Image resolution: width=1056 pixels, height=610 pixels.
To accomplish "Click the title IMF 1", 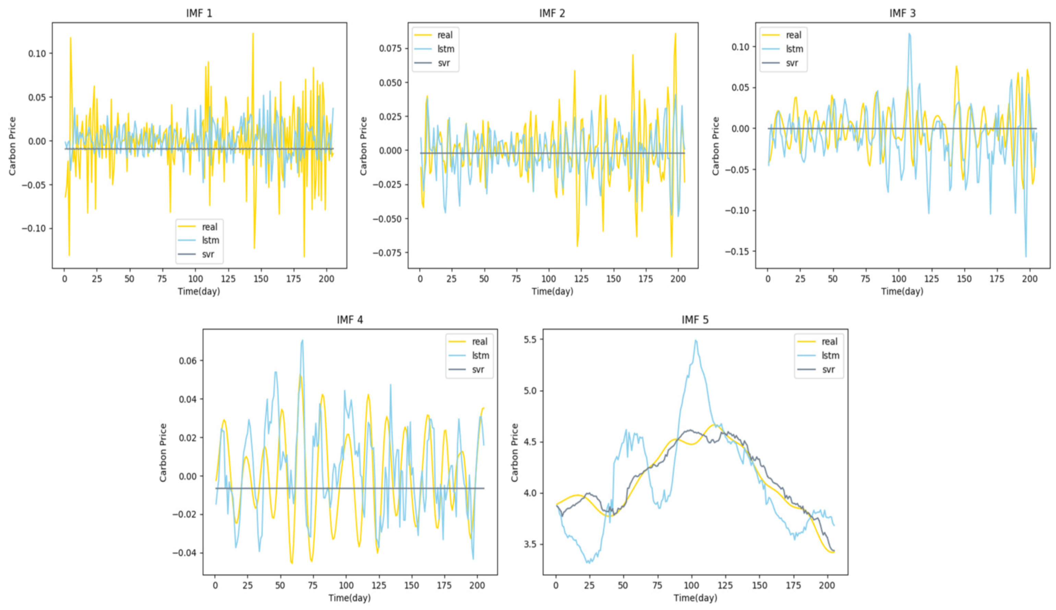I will (x=199, y=13).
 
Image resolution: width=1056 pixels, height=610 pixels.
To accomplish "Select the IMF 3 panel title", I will (x=902, y=13).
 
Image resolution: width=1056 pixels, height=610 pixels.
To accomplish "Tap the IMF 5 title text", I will (x=695, y=320).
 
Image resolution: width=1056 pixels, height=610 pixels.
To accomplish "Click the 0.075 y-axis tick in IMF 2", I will (x=390, y=49).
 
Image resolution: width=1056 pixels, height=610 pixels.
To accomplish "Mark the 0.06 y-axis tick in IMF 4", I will (x=188, y=361).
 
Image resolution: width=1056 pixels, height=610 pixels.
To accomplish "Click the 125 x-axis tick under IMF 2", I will (x=581, y=279).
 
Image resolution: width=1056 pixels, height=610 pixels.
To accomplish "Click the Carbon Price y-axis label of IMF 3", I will (x=715, y=146).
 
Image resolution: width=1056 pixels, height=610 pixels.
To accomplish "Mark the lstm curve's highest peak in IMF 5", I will (x=696, y=340).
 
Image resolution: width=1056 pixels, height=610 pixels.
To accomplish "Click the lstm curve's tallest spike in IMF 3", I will (x=909, y=34).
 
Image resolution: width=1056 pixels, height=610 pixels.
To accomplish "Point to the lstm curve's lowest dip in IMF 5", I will (x=589, y=563).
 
